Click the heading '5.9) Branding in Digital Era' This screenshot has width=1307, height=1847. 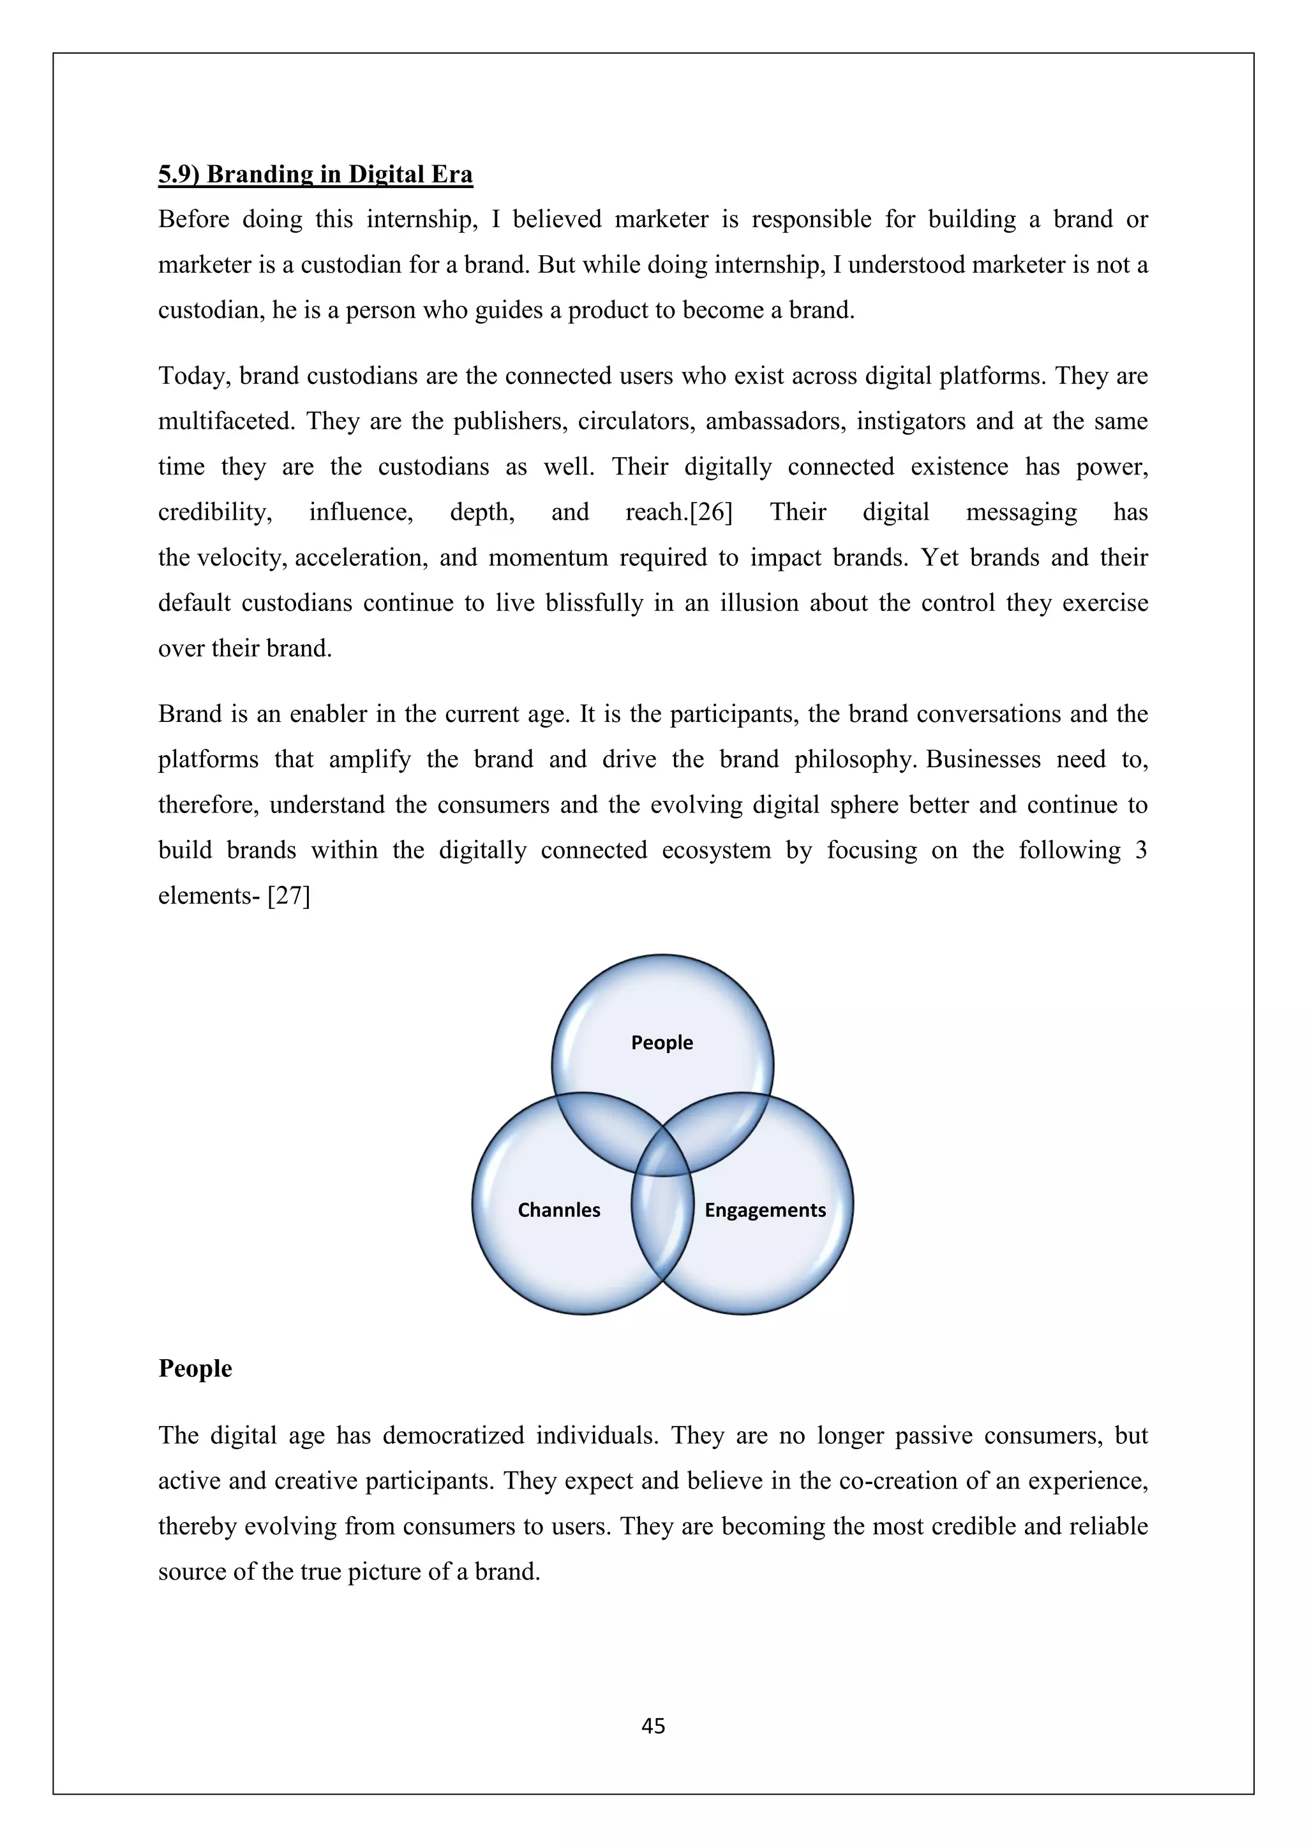315,175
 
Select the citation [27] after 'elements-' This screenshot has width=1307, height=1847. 289,895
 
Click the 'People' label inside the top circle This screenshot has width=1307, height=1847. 662,1043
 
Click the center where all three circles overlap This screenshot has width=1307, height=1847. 662,1158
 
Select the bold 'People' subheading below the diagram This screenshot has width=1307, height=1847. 195,1369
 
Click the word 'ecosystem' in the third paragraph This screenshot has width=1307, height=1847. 716,850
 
